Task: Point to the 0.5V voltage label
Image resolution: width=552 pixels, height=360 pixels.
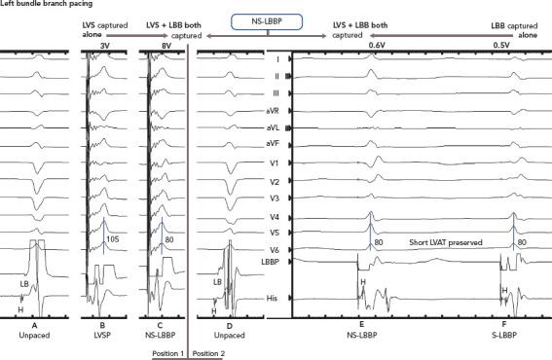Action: tap(500, 44)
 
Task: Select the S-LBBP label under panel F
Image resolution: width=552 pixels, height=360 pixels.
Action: tap(504, 335)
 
